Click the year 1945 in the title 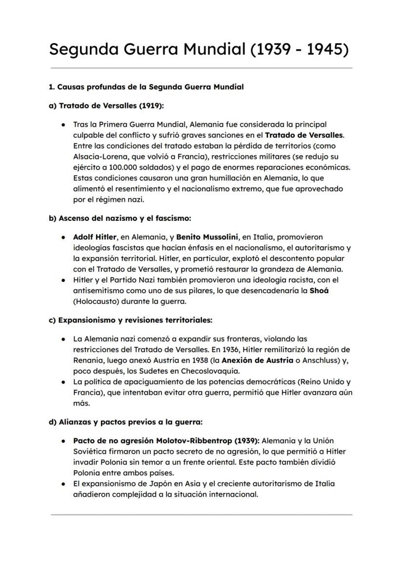pyautogui.click(x=325, y=49)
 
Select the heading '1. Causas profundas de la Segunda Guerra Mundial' pyautogui.click(x=146, y=87)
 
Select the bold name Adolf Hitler pyautogui.click(x=95, y=237)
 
